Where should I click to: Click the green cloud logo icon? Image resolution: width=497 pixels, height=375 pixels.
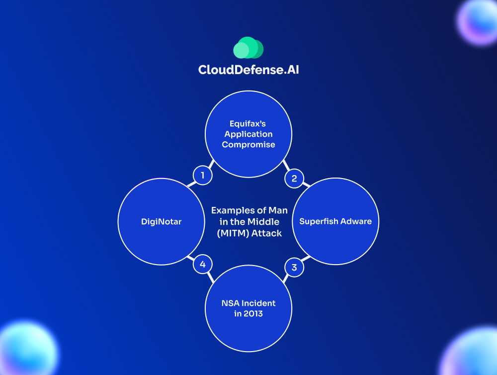click(248, 48)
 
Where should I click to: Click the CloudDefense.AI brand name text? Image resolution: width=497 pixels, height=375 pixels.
click(248, 70)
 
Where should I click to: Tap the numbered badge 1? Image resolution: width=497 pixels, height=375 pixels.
click(202, 175)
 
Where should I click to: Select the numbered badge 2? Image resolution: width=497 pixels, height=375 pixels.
click(294, 178)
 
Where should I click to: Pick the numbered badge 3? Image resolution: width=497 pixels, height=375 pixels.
click(294, 268)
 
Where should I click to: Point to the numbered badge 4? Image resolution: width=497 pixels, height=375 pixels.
click(202, 265)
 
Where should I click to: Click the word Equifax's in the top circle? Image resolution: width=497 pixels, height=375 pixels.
click(248, 124)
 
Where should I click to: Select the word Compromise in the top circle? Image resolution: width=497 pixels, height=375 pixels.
click(248, 145)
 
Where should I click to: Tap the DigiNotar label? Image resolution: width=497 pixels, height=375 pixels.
click(161, 221)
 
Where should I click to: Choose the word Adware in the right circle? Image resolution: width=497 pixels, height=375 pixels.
click(355, 221)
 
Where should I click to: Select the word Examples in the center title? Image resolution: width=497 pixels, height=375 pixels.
click(231, 210)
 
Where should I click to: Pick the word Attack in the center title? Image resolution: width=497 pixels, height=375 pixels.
click(266, 232)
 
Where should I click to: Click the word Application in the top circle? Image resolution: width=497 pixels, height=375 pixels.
click(248, 134)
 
